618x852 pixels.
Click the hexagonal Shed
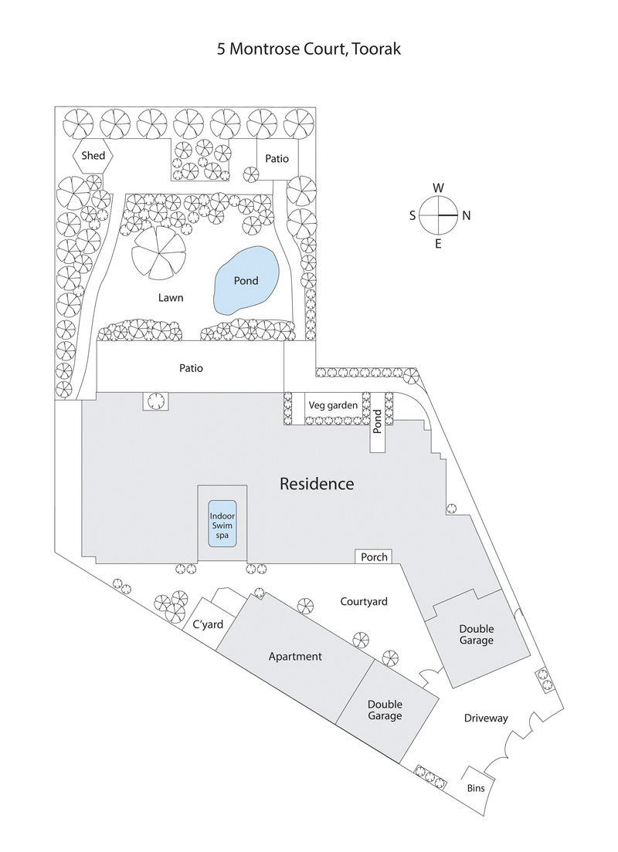click(93, 156)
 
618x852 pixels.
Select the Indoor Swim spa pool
click(222, 523)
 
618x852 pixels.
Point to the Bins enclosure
click(476, 789)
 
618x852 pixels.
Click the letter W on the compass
click(438, 188)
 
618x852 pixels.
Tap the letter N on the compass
click(466, 216)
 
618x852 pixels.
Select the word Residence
click(317, 485)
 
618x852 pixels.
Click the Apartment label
click(294, 657)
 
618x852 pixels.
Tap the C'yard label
click(203, 626)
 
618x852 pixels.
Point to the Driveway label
click(486, 718)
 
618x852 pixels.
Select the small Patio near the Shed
click(277, 159)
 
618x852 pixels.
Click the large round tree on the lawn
click(158, 253)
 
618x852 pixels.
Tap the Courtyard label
click(364, 601)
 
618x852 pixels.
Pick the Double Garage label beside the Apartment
click(385, 710)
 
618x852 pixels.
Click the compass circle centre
click(438, 215)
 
